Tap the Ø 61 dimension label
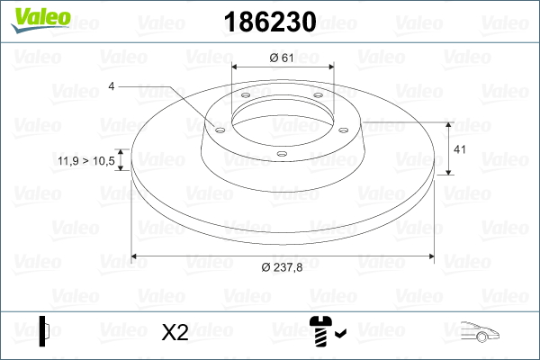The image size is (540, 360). coord(283,58)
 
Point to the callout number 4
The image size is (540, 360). coord(112,86)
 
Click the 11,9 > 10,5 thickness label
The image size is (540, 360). coord(85,160)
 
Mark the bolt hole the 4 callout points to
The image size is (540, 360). coord(220,128)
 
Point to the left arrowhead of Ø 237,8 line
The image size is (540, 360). coord(137,256)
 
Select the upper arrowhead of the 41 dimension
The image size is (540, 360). coord(449,122)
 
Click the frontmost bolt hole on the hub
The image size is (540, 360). coord(281,154)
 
